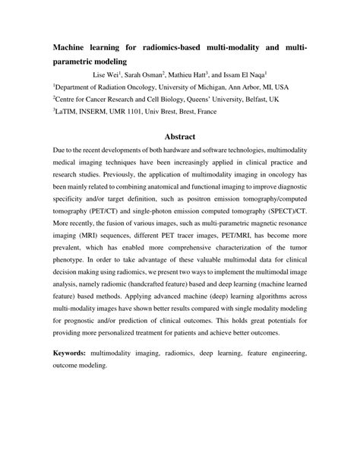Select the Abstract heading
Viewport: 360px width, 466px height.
[180, 137]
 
